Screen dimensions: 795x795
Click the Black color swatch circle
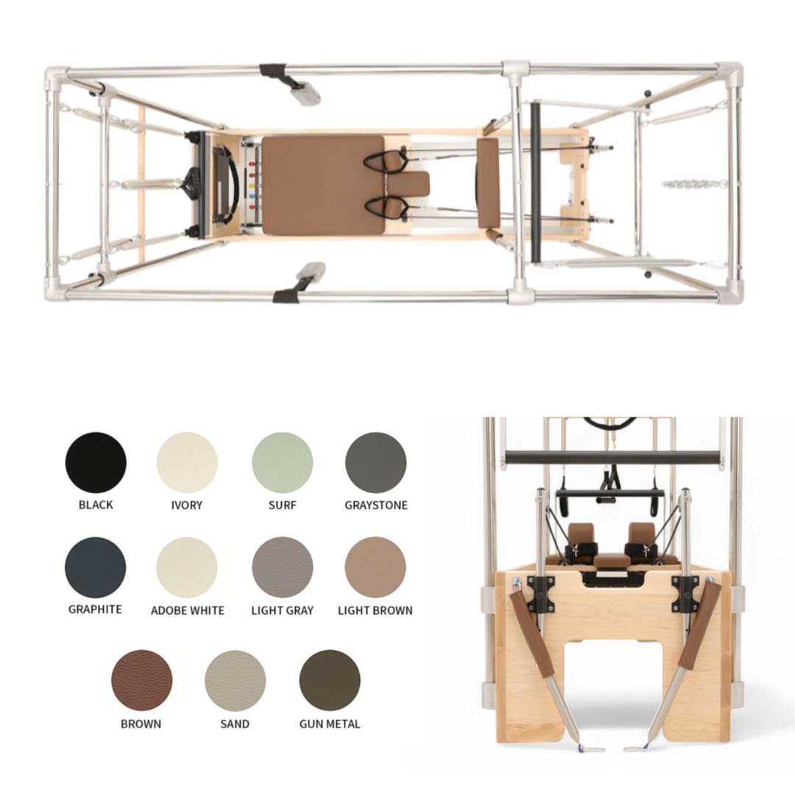96,462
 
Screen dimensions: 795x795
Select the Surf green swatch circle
283,462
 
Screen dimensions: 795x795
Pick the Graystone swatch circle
375,462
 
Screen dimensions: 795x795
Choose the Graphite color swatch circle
95,568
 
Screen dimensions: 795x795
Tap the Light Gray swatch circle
283,568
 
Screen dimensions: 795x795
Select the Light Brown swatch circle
375,568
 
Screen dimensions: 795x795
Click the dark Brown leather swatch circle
142,680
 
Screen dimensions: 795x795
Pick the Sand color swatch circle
236,680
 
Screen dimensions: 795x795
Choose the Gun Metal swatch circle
330,680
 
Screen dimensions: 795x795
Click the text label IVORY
186,505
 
